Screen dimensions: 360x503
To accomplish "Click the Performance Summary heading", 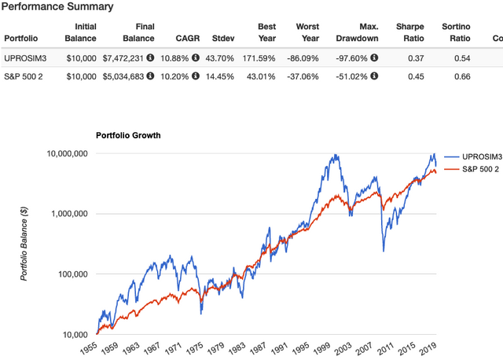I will click(57, 6).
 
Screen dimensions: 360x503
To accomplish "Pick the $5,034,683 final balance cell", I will click(139, 77).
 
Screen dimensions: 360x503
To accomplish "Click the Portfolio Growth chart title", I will click(128, 135).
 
